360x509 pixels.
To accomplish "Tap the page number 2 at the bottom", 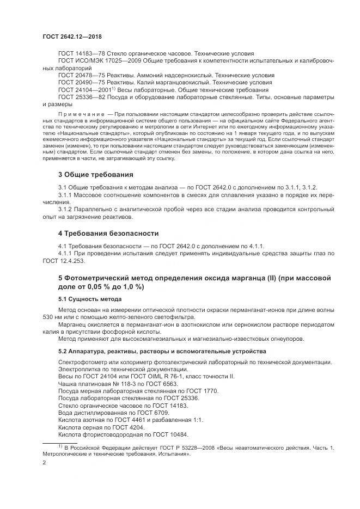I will (x=44, y=463).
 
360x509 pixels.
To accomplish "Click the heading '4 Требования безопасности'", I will (x=108, y=234).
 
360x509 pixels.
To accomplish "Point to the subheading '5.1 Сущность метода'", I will (x=90, y=299).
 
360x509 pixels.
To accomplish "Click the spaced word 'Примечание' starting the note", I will (x=78, y=115).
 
